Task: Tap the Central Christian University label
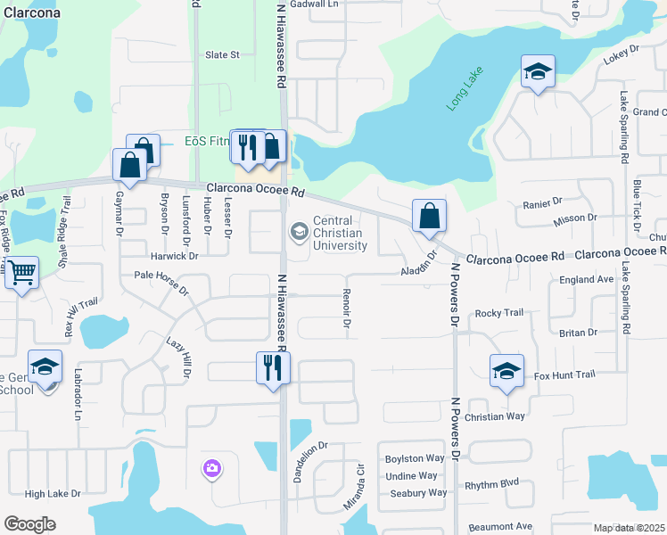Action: [340, 234]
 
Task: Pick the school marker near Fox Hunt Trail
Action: [506, 370]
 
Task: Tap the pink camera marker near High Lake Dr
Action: [211, 467]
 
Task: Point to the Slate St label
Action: [223, 54]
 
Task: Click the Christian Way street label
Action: [497, 416]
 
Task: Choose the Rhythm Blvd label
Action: [491, 484]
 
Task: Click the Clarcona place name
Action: [32, 13]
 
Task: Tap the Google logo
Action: [30, 524]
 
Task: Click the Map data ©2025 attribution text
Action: [629, 528]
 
